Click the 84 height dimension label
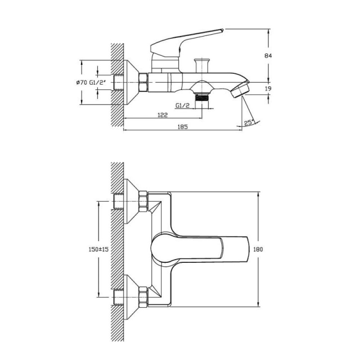(268, 55)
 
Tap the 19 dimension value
(268, 88)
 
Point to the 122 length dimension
(162, 115)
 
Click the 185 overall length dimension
(183, 126)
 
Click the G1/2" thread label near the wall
(98, 82)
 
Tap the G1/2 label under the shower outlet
(183, 105)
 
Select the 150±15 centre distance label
(98, 249)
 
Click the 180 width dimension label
(258, 249)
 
